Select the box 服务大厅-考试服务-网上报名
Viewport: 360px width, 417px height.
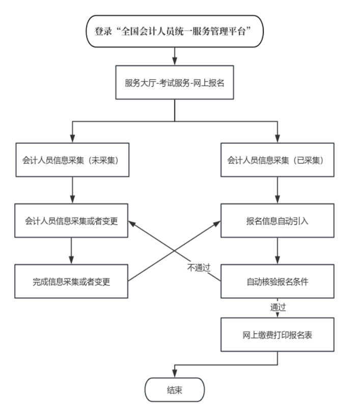(175, 82)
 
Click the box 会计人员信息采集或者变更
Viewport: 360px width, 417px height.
(71, 221)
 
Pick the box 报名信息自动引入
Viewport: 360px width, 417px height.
(278, 221)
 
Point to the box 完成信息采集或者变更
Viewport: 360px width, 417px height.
(71, 281)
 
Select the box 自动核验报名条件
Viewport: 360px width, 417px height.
(278, 281)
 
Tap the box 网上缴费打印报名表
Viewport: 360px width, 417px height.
(278, 334)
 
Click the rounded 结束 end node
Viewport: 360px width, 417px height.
(175, 390)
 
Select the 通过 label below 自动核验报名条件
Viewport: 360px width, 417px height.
(278, 307)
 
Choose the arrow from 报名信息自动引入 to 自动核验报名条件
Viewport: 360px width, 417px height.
(278, 251)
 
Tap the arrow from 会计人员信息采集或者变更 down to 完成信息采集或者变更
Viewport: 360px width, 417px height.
(71, 251)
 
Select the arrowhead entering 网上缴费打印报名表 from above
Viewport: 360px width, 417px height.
(278, 315)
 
